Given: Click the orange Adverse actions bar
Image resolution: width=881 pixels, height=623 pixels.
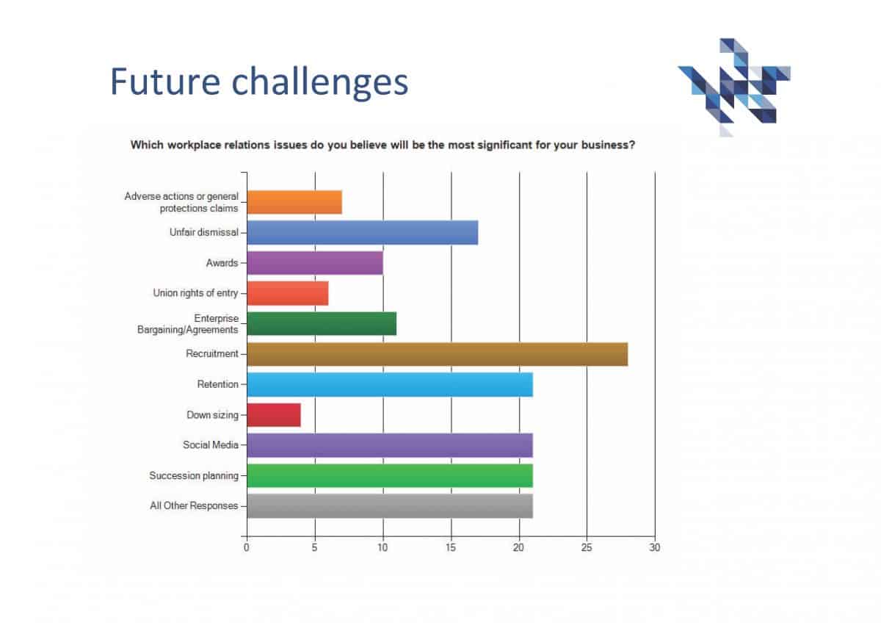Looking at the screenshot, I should click(294, 202).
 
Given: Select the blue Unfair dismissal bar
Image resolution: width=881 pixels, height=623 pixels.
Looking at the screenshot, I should click(362, 233).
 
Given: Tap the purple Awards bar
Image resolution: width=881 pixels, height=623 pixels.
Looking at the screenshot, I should click(314, 263).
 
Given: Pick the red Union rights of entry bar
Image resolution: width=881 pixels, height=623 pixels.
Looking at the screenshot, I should click(287, 293).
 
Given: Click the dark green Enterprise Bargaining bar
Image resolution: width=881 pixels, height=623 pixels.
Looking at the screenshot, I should click(321, 324).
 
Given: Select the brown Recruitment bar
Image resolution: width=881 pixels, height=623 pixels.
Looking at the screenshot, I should click(437, 354).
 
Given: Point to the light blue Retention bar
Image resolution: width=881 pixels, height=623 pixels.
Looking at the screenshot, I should click(389, 385).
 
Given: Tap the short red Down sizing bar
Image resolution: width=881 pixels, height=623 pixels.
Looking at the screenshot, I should click(273, 415).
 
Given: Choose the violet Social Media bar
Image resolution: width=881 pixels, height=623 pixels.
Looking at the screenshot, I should click(389, 445).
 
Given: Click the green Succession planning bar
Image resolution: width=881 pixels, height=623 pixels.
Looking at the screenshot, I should click(389, 476).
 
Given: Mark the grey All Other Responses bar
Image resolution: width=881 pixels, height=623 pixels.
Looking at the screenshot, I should click(389, 506).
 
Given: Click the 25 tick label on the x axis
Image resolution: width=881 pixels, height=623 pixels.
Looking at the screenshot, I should click(587, 547).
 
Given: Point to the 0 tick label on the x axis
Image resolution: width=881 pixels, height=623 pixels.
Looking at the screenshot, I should click(247, 547).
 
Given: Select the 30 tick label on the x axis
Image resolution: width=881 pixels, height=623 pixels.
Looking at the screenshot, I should click(654, 547).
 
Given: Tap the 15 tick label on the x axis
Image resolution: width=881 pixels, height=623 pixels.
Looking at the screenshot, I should click(451, 547).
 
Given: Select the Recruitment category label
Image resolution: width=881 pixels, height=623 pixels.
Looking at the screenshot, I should click(212, 354).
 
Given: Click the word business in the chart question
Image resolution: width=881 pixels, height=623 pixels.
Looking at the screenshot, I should click(606, 145).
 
